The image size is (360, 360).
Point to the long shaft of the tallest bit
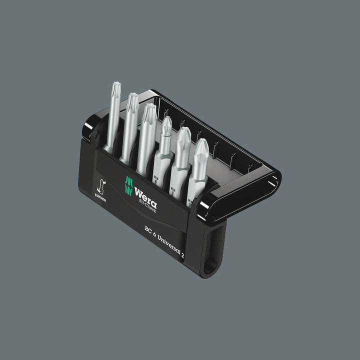pyautogui.click(x=112, y=120)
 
